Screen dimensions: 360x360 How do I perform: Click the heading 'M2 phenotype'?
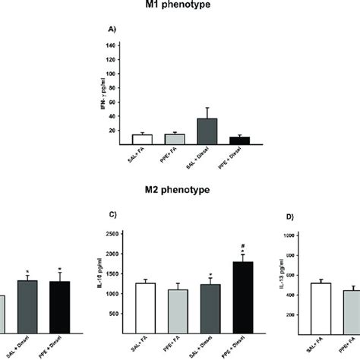tap(179, 193)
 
